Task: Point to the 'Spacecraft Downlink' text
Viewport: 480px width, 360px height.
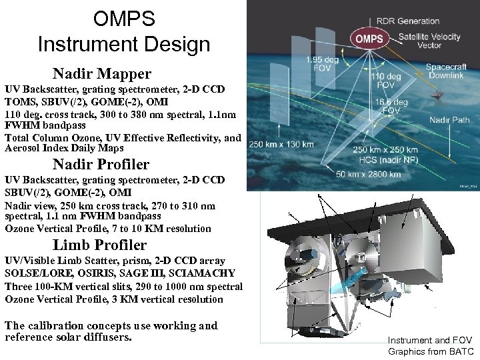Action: pyautogui.click(x=448, y=73)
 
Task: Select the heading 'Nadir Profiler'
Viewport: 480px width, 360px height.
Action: pyautogui.click(x=101, y=164)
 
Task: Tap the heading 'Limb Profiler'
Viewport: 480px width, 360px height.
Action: pyautogui.click(x=100, y=245)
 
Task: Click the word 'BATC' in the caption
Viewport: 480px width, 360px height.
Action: pyautogui.click(x=461, y=351)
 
